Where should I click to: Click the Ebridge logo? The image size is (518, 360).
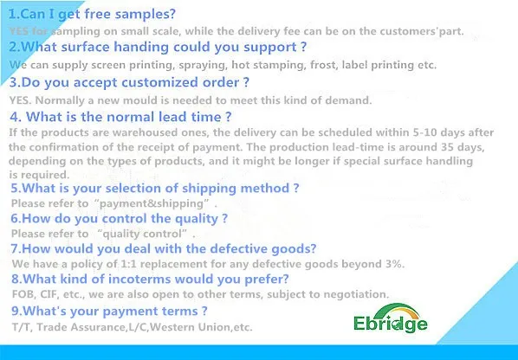coord(391,318)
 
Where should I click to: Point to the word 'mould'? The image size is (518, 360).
coord(140,100)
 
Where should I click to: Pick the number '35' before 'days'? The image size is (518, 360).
coord(448,146)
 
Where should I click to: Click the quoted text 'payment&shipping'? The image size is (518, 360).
coord(152,203)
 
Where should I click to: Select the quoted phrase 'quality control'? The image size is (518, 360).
coord(142,234)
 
